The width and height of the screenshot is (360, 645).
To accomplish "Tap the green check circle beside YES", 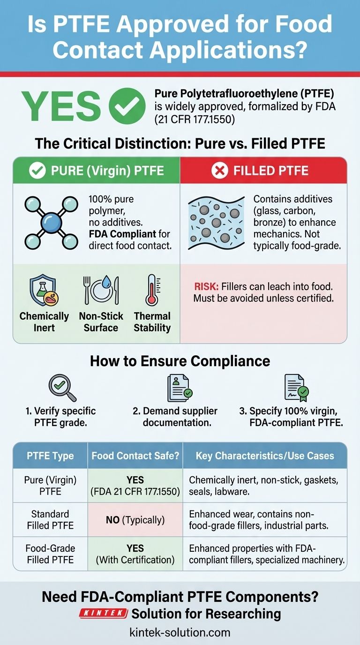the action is point(127,105).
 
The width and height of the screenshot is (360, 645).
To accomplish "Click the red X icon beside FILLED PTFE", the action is point(219,171).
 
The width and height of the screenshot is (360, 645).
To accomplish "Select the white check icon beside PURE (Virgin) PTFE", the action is point(37,171).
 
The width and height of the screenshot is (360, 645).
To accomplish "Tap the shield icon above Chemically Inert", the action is point(44,291).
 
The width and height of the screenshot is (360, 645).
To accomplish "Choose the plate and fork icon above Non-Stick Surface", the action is point(101,291).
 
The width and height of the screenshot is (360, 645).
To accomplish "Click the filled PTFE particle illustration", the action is point(216,223).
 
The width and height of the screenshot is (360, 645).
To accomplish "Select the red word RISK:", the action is point(204,287).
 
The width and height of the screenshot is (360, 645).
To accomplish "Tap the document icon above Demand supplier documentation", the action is point(179,387).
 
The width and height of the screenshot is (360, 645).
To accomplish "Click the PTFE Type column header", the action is point(51,456).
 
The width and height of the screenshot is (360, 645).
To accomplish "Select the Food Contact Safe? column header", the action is point(135,456).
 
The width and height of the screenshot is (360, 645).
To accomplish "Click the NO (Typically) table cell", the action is point(135,520).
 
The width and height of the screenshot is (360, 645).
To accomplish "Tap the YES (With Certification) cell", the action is point(135,554).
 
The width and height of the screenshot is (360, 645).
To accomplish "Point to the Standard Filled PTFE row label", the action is point(51,519).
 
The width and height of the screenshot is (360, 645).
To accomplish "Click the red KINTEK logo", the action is point(104,613).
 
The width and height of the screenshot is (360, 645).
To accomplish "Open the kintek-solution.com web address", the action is point(180,632).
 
